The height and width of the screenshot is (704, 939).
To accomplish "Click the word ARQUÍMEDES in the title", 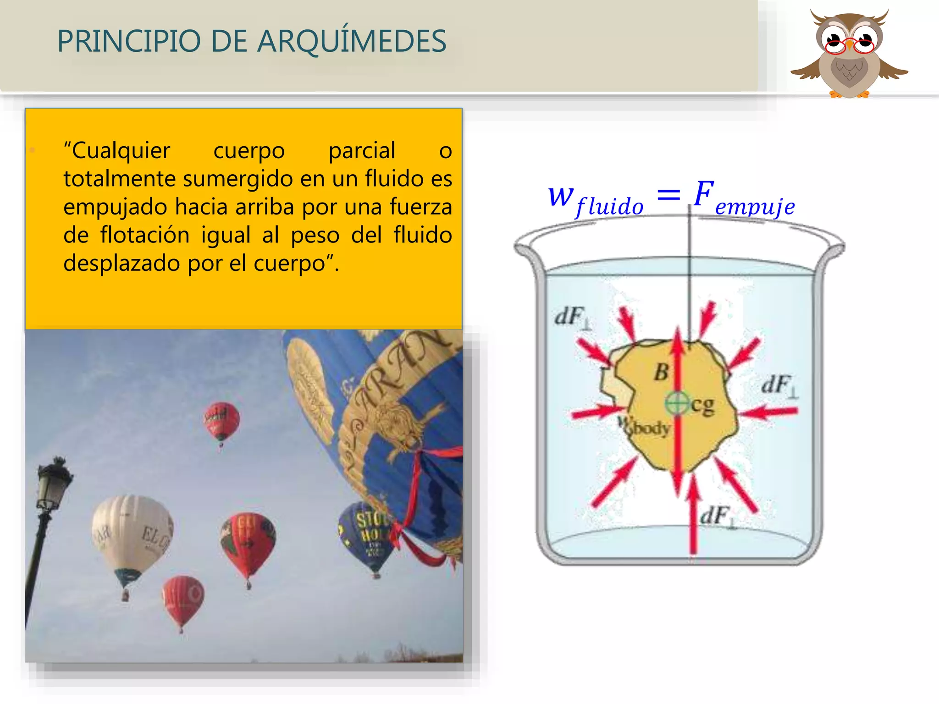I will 351,41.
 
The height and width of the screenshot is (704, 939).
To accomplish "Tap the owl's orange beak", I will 849,45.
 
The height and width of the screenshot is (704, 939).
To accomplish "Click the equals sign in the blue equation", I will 668,196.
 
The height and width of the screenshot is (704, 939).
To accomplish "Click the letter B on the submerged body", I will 661,372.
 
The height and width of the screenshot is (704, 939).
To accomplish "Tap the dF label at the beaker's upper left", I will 573,317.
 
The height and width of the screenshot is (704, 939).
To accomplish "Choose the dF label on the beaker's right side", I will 779,385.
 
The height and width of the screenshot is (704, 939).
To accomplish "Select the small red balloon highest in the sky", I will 221,421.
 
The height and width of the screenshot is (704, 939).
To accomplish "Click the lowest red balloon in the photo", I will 182,600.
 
